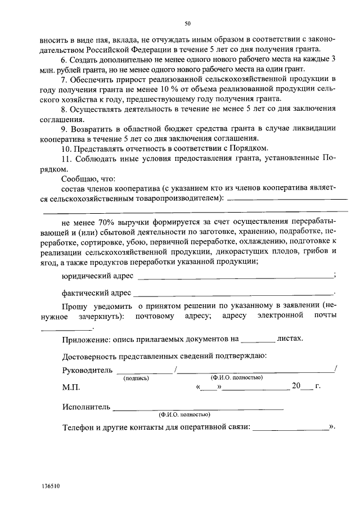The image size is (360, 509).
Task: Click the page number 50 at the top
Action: (188, 23)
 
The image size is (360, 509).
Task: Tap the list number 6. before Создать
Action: (65, 59)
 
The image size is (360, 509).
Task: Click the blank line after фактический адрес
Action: (233, 294)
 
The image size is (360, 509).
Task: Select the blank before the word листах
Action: (257, 341)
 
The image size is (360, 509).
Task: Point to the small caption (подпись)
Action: (136, 379)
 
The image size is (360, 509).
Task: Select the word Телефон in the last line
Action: (79, 427)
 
